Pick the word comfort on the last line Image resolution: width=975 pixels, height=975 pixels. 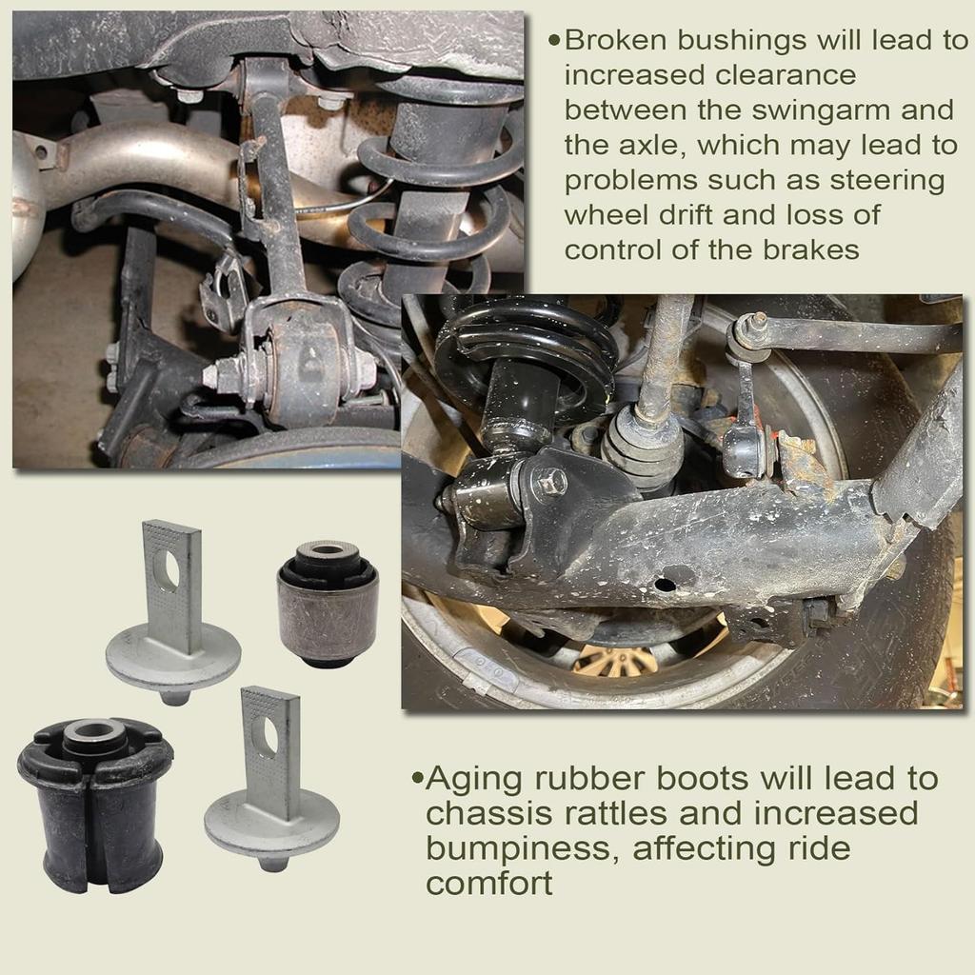pos(489,884)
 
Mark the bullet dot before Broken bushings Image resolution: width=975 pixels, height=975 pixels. pos(554,41)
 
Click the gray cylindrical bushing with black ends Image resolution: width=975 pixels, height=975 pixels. pos(327,602)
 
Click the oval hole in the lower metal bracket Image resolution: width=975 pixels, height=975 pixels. pos(269,736)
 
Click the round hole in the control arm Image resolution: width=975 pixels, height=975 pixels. pos(665,582)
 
